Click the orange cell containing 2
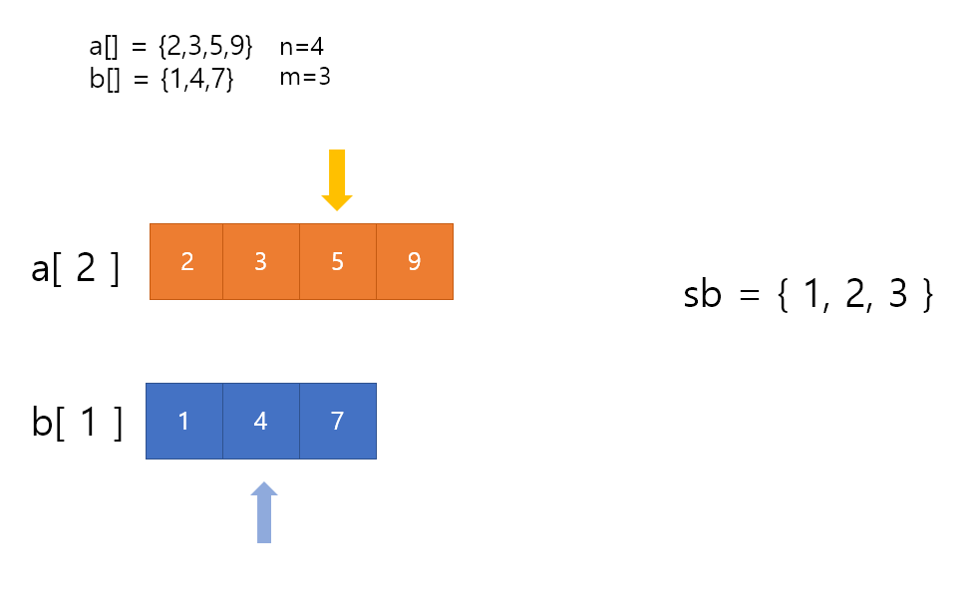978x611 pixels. (x=186, y=261)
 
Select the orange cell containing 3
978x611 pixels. (x=260, y=261)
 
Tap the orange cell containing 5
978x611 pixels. (x=337, y=261)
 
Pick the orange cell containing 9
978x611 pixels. (x=414, y=261)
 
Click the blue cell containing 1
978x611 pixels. (x=183, y=421)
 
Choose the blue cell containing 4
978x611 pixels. (x=260, y=421)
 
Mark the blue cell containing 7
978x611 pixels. (x=337, y=421)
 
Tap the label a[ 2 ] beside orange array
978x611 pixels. (x=76, y=269)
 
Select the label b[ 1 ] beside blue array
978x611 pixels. (x=78, y=423)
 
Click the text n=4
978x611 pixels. (x=302, y=47)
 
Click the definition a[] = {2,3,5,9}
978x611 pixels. (x=171, y=47)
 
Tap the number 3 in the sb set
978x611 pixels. (x=897, y=296)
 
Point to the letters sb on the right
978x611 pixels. (x=702, y=296)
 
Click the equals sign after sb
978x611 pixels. (x=745, y=297)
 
